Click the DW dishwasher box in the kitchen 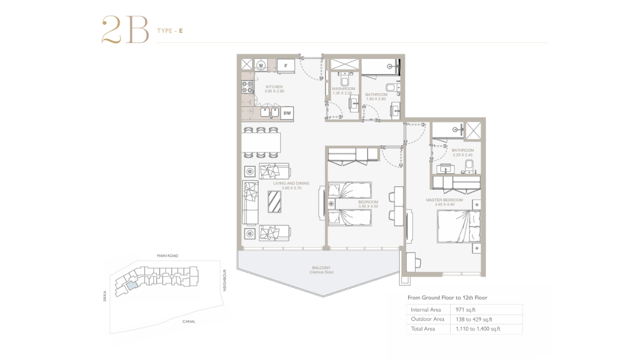(x=287, y=113)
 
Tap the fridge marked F (x=285, y=66)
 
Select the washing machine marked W (x=261, y=65)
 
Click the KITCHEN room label (x=274, y=86)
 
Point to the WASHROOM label (x=343, y=88)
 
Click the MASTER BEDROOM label (x=444, y=200)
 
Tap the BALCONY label (x=321, y=267)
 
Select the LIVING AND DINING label (x=291, y=183)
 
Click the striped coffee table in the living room (x=274, y=201)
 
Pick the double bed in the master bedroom (x=458, y=226)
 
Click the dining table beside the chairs (x=261, y=142)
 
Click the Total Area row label (x=423, y=328)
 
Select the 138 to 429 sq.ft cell (x=474, y=319)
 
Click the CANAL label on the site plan (x=189, y=321)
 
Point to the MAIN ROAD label (x=167, y=255)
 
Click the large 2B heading (x=125, y=29)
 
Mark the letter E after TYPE (x=181, y=31)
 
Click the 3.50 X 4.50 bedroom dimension (x=368, y=206)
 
